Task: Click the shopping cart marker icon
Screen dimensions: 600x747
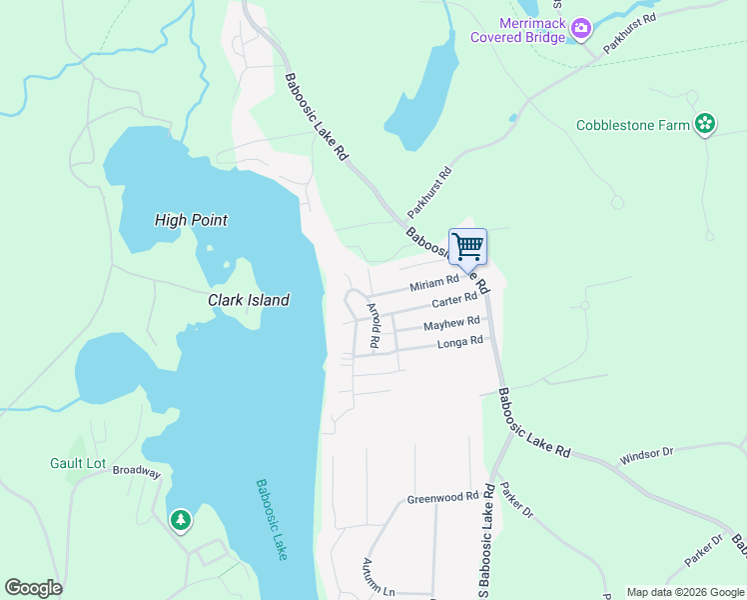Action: click(x=467, y=245)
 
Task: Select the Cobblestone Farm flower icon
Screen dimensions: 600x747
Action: click(x=705, y=124)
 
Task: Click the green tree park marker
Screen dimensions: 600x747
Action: click(x=180, y=519)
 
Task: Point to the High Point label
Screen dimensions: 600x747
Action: click(x=192, y=220)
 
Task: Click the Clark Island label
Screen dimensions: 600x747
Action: click(x=249, y=300)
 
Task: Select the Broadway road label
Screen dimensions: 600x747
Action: click(x=136, y=471)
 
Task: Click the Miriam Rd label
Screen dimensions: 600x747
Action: click(x=434, y=285)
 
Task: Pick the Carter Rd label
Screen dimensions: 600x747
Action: click(x=455, y=301)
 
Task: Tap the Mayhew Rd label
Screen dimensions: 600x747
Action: click(x=451, y=325)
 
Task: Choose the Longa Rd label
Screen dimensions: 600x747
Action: click(x=460, y=343)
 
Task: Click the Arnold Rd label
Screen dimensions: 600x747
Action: click(x=373, y=325)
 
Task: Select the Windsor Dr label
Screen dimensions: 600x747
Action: click(x=647, y=454)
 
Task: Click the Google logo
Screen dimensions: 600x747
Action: click(x=33, y=588)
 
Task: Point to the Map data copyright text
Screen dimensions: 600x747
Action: click(x=684, y=592)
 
